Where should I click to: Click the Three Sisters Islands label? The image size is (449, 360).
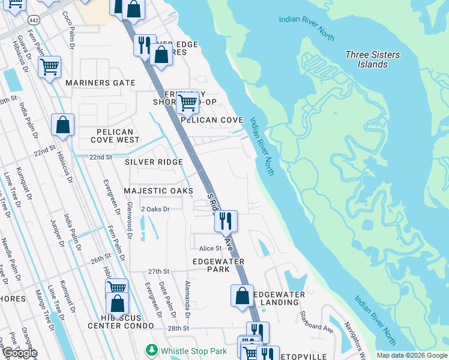[x=372, y=59]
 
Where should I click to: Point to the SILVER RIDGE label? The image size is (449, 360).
[x=154, y=162]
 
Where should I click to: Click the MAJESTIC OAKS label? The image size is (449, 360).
[x=158, y=191]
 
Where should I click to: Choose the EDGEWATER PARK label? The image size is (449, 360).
[x=218, y=266]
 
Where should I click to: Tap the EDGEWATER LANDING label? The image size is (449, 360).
[x=279, y=298]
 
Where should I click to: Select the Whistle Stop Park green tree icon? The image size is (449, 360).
[x=152, y=350]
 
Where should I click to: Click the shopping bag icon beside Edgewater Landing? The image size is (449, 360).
[x=242, y=295]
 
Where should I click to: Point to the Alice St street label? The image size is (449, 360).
[x=210, y=248]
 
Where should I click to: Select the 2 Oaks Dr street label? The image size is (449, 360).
[x=155, y=209]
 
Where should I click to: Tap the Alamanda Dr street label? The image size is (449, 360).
[x=187, y=300]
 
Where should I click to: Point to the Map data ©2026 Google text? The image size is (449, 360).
[x=411, y=355]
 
